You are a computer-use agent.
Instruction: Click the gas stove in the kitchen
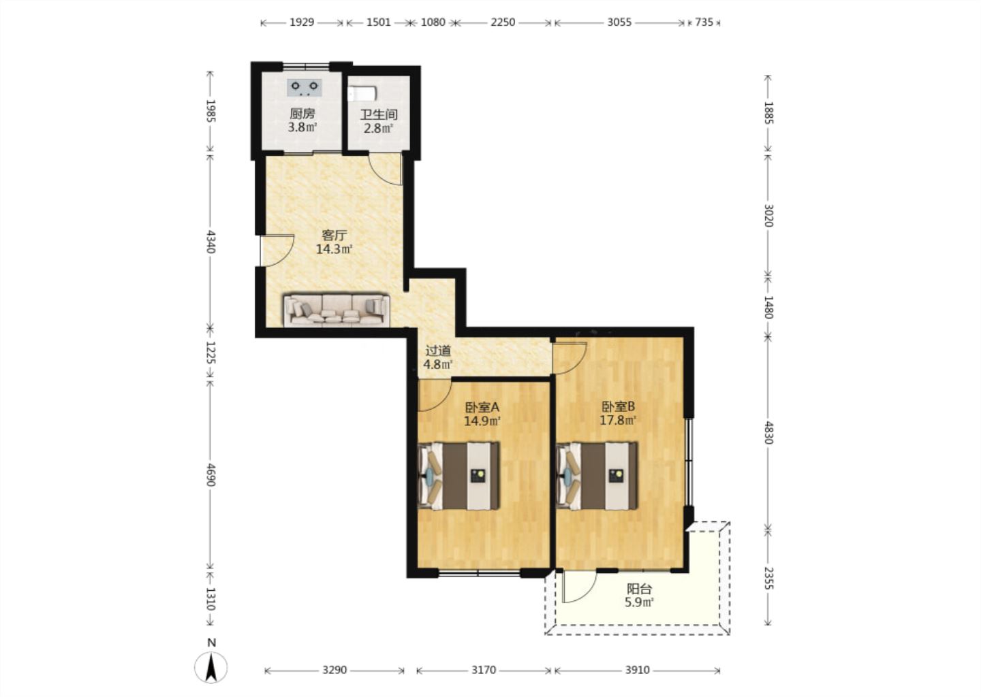(x=305, y=88)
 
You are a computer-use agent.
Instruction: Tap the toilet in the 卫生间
(x=362, y=94)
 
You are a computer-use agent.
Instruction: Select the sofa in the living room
(x=337, y=310)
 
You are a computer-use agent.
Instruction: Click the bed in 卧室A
(x=458, y=476)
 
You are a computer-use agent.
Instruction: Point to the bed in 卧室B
(x=597, y=476)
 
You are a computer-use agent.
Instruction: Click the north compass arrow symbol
(x=211, y=668)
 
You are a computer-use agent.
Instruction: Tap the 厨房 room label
(x=302, y=114)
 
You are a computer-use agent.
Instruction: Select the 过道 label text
(x=439, y=351)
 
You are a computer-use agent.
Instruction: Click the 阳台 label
(x=640, y=589)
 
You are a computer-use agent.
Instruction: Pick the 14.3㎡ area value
(x=334, y=249)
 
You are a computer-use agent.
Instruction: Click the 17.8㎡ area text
(x=618, y=421)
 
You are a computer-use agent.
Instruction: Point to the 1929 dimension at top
(x=302, y=22)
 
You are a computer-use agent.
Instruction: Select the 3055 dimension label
(x=619, y=22)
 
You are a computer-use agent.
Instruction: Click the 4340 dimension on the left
(x=211, y=241)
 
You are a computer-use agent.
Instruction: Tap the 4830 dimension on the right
(x=769, y=432)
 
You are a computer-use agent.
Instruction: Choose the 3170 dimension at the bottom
(x=484, y=670)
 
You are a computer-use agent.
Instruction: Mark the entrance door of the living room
(x=277, y=250)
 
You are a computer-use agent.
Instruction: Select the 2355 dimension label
(x=769, y=578)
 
